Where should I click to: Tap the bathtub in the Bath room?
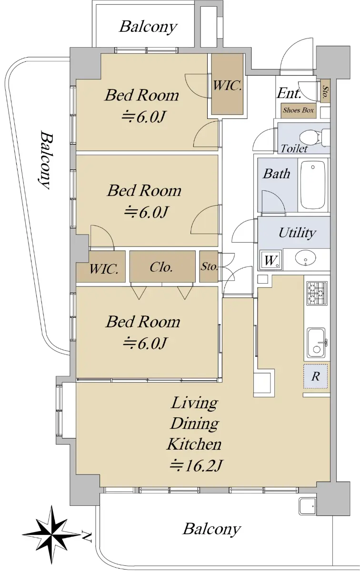(313, 185)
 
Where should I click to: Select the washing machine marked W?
(270, 260)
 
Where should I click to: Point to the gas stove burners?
(317, 293)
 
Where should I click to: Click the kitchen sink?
(316, 344)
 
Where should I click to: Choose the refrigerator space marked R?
(315, 376)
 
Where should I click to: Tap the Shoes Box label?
(298, 110)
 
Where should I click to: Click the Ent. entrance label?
(289, 93)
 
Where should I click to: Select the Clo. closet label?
(161, 267)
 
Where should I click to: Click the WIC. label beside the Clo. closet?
(104, 269)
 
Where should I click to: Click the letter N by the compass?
(87, 537)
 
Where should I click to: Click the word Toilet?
(294, 148)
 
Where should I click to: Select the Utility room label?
(297, 233)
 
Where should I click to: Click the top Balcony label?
(148, 27)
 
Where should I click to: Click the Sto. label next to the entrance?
(325, 91)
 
